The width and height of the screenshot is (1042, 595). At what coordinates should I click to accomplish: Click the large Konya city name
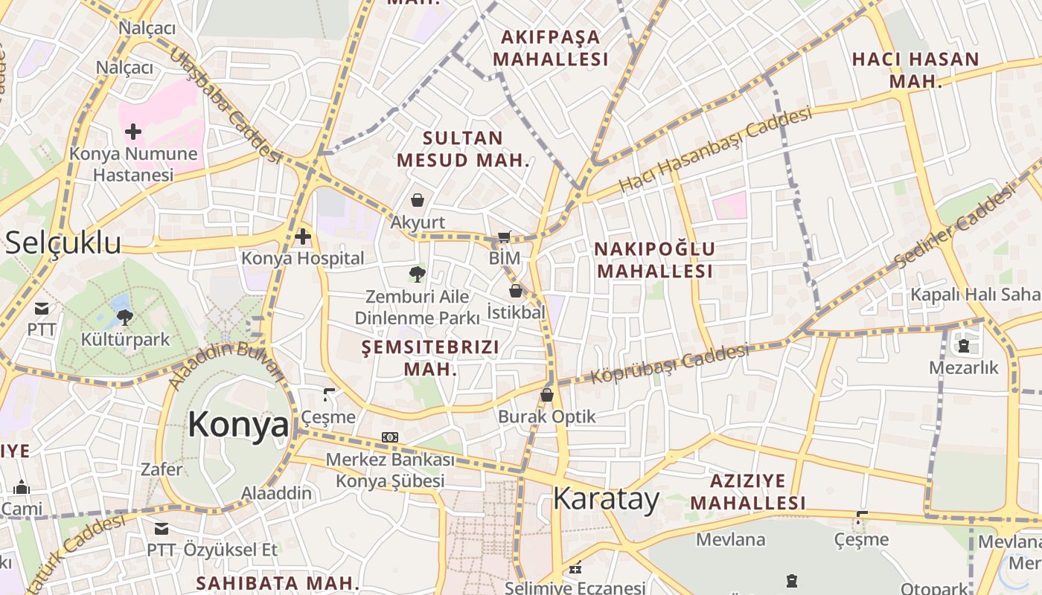click(x=237, y=425)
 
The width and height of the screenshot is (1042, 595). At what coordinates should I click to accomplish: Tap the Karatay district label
click(x=606, y=499)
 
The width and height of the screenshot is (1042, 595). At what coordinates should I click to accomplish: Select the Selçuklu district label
click(x=63, y=243)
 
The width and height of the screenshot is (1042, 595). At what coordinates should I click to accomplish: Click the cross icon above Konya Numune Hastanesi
click(x=133, y=132)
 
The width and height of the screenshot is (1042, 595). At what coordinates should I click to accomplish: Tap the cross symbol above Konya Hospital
click(x=302, y=237)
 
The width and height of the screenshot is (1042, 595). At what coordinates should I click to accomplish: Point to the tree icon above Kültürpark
click(x=125, y=318)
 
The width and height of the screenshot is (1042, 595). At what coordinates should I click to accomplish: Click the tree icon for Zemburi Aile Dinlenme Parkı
click(x=418, y=274)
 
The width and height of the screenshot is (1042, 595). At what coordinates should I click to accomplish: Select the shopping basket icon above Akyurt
click(x=418, y=200)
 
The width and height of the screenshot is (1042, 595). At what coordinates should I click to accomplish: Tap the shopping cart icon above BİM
click(x=504, y=237)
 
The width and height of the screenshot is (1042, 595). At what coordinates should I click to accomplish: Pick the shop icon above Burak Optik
click(x=547, y=395)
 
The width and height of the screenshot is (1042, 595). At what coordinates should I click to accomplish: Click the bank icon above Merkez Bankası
click(x=390, y=437)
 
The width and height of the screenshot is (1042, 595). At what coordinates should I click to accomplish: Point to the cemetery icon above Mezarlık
click(x=964, y=346)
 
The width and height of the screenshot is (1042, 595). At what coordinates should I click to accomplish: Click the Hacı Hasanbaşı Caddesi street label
click(x=715, y=149)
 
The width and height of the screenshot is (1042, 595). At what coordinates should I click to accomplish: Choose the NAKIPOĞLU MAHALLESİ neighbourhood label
click(x=655, y=260)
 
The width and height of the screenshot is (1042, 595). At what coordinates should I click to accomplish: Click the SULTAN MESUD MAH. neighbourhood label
click(x=462, y=149)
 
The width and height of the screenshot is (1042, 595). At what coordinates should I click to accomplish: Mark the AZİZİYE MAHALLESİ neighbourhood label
click(x=747, y=492)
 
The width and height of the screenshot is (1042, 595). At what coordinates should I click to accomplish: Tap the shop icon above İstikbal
click(x=515, y=291)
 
